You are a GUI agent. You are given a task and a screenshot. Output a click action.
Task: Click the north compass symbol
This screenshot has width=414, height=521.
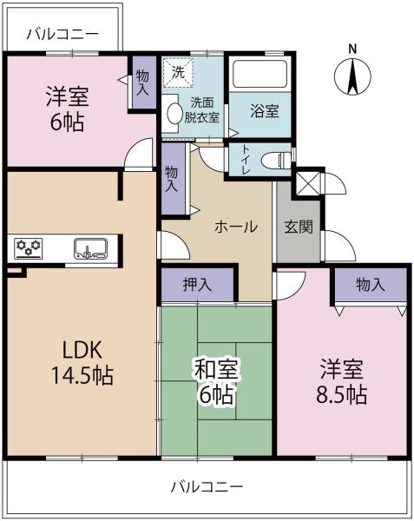tap(352, 76)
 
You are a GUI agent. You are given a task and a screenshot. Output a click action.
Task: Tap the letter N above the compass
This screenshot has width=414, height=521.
tap(352, 49)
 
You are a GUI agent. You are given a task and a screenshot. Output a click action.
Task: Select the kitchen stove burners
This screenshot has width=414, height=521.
tap(29, 248)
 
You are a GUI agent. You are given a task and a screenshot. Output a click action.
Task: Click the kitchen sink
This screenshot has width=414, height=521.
tap(90, 248)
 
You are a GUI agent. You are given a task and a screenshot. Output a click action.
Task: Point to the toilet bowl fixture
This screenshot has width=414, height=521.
tap(276, 161)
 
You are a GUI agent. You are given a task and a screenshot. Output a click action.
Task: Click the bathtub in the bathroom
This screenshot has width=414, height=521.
tap(260, 74)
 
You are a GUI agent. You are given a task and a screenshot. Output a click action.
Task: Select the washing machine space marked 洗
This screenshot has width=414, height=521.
tap(177, 72)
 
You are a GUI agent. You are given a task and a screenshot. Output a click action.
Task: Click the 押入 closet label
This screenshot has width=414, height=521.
tap(197, 285)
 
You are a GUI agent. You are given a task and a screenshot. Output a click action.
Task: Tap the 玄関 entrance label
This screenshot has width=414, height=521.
tap(299, 227)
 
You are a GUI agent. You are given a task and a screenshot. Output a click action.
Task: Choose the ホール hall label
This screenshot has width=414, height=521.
tap(236, 227)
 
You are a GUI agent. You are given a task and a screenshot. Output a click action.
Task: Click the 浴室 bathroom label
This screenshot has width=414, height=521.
tap(264, 110)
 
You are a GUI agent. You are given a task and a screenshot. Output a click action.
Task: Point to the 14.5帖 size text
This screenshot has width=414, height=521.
tap(82, 375)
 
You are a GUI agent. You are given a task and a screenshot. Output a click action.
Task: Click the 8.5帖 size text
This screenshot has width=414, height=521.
tap(342, 394)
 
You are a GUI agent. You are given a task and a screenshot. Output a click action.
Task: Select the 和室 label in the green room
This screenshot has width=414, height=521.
tap(216, 370)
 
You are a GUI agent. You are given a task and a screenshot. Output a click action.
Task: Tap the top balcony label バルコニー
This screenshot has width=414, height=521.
tap(62, 34)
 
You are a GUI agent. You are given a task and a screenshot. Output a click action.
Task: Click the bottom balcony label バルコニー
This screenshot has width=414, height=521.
tap(207, 487)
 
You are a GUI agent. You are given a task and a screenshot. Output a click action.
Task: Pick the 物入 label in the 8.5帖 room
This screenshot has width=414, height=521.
tap(371, 285)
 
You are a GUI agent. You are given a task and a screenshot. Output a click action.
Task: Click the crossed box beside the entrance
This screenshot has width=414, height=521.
tap(307, 184)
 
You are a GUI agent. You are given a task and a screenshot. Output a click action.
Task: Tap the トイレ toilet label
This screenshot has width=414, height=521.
tap(246, 161)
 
